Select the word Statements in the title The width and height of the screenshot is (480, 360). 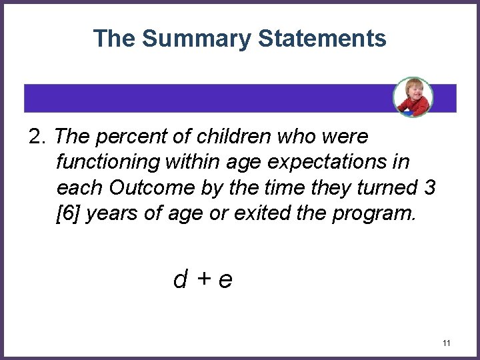[315, 39]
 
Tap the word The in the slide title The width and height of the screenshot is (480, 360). [114, 39]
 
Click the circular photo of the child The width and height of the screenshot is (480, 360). [413, 97]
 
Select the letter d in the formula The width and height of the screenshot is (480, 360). [179, 279]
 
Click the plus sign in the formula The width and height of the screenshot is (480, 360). [202, 279]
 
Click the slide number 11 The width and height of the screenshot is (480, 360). [447, 343]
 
